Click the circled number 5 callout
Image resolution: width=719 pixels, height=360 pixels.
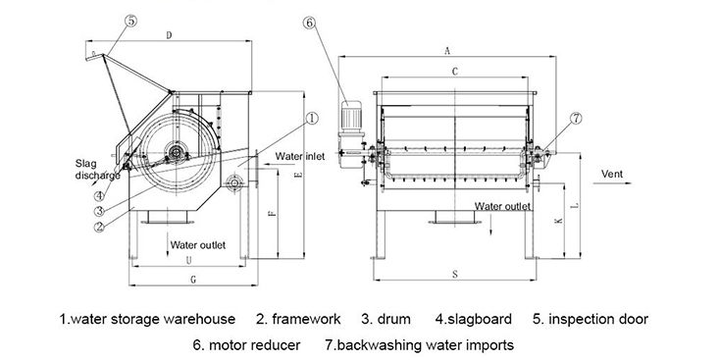pyautogui.click(x=131, y=22)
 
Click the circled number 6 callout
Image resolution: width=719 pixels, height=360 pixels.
pyautogui.click(x=310, y=23)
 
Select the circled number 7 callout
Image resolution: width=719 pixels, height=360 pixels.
pyautogui.click(x=576, y=119)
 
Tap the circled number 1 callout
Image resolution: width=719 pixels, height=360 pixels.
pyautogui.click(x=312, y=119)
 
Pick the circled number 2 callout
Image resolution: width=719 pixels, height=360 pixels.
pyautogui.click(x=99, y=227)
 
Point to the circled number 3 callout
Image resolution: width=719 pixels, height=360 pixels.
pyautogui.click(x=99, y=212)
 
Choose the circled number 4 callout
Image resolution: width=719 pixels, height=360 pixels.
pyautogui.click(x=99, y=196)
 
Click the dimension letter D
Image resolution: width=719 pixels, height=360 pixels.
pyautogui.click(x=169, y=35)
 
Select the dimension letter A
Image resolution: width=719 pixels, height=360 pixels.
pyautogui.click(x=447, y=51)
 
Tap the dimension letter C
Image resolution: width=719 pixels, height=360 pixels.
pyautogui.click(x=455, y=72)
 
